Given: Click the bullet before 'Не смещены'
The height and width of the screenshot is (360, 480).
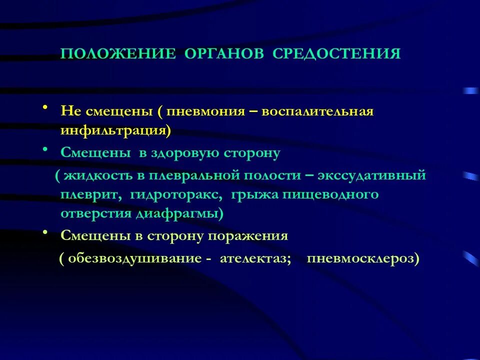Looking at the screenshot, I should pos(45,108).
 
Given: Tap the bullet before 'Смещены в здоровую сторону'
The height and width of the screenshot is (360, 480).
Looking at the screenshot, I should pos(45,149).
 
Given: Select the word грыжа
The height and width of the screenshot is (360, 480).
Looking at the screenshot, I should pos(254,194).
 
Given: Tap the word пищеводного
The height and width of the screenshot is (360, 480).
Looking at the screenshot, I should pos(330,194).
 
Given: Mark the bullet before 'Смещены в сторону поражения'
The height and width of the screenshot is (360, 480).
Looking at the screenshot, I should pos(45,232).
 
